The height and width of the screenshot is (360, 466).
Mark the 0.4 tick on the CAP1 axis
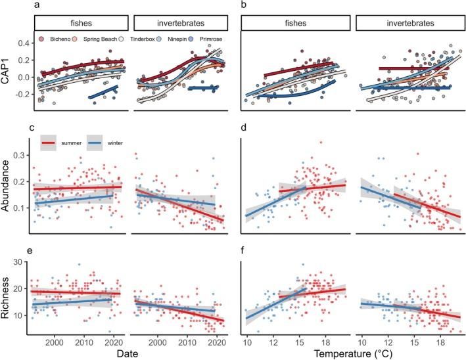pyautogui.click(x=24, y=43)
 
